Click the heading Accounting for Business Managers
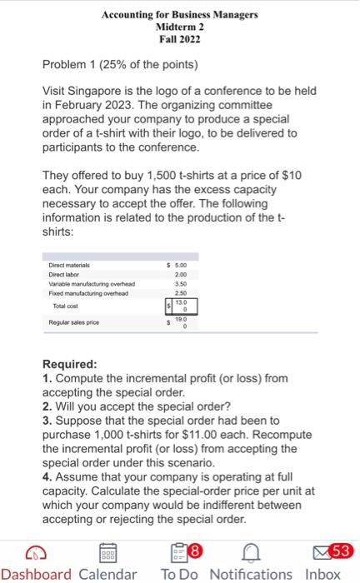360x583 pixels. [x=179, y=15]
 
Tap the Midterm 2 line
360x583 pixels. [x=179, y=27]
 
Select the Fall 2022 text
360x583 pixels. [x=179, y=38]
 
